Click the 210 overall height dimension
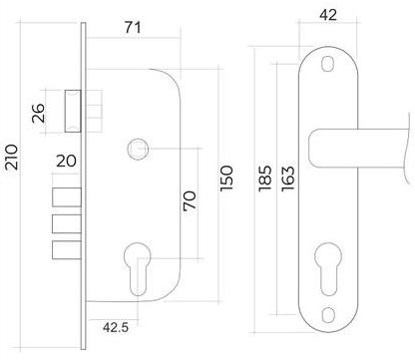point(11,158)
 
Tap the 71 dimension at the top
point(133,27)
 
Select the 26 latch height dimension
point(38,113)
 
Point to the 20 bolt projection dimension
point(66,161)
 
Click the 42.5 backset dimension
point(116,327)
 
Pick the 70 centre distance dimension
point(190,200)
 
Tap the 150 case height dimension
point(226,179)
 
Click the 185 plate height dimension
point(264,179)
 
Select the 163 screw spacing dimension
point(288,179)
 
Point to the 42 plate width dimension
point(328,15)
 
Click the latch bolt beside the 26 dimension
point(73,112)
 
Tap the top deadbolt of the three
point(67,197)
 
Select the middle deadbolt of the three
point(67,223)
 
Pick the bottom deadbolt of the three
point(67,249)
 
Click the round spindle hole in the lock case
point(138,149)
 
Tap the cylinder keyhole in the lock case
point(138,268)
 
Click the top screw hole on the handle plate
point(328,64)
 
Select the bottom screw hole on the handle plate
point(328,314)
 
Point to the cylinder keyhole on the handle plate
point(328,268)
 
